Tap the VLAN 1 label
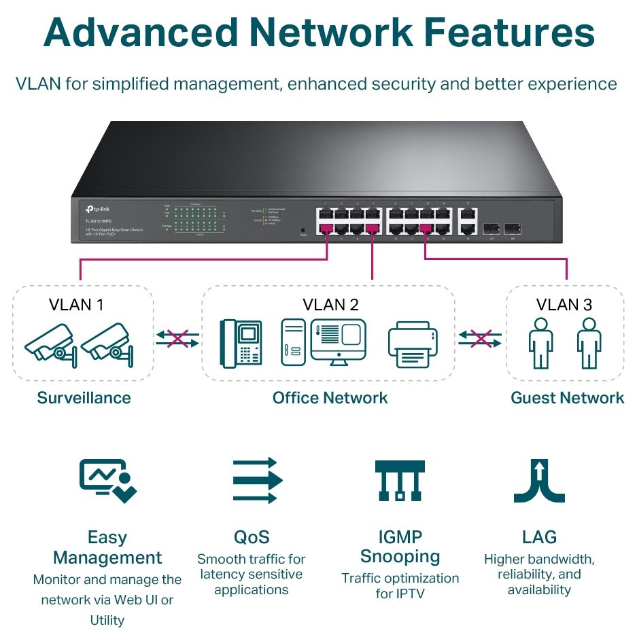[76, 304]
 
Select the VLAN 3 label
[564, 304]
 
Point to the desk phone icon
[241, 343]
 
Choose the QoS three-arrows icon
[255, 480]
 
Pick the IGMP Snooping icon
[400, 480]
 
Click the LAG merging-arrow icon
[539, 480]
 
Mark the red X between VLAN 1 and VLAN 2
[177, 337]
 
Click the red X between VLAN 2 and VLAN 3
[481, 337]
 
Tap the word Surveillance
[84, 398]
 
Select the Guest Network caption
[567, 398]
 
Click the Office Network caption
[330, 398]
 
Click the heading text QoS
[252, 538]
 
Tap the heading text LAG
[539, 538]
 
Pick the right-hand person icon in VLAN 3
[589, 343]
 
